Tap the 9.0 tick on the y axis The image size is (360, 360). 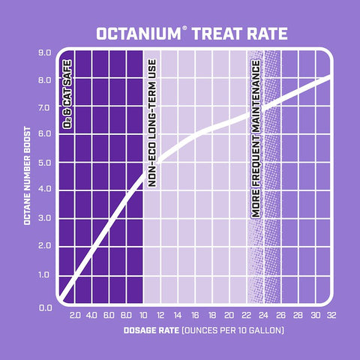pos(43,53)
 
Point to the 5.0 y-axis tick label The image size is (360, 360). pos(43,162)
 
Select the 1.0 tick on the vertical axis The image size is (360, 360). pos(43,274)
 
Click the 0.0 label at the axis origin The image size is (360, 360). pos(43,307)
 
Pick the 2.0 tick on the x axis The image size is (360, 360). pos(74,315)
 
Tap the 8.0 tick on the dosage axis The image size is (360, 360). pos(126,315)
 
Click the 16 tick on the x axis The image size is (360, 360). pos(193,315)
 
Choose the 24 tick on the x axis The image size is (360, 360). pos(262,315)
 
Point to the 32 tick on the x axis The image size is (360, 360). pos(330,315)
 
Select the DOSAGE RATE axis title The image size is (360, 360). pos(202,331)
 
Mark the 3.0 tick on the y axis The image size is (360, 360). pos(43,218)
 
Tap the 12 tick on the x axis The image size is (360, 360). pos(160,315)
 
